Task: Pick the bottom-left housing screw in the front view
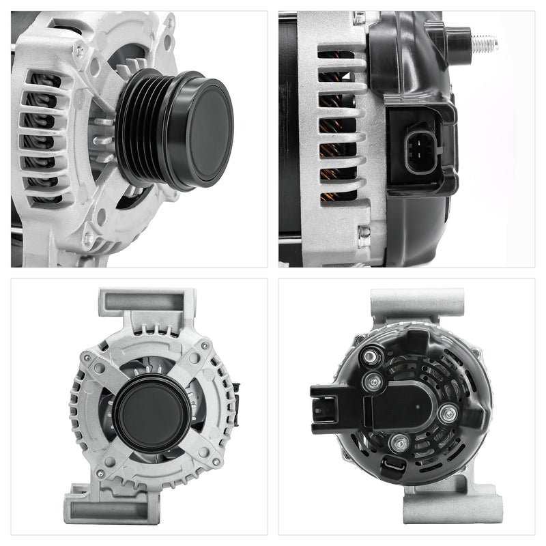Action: point(100,473)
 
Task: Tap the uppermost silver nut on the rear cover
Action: point(370,356)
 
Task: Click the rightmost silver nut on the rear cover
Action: point(448,413)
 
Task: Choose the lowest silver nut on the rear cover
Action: point(399,444)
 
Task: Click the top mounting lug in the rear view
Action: point(417,303)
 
